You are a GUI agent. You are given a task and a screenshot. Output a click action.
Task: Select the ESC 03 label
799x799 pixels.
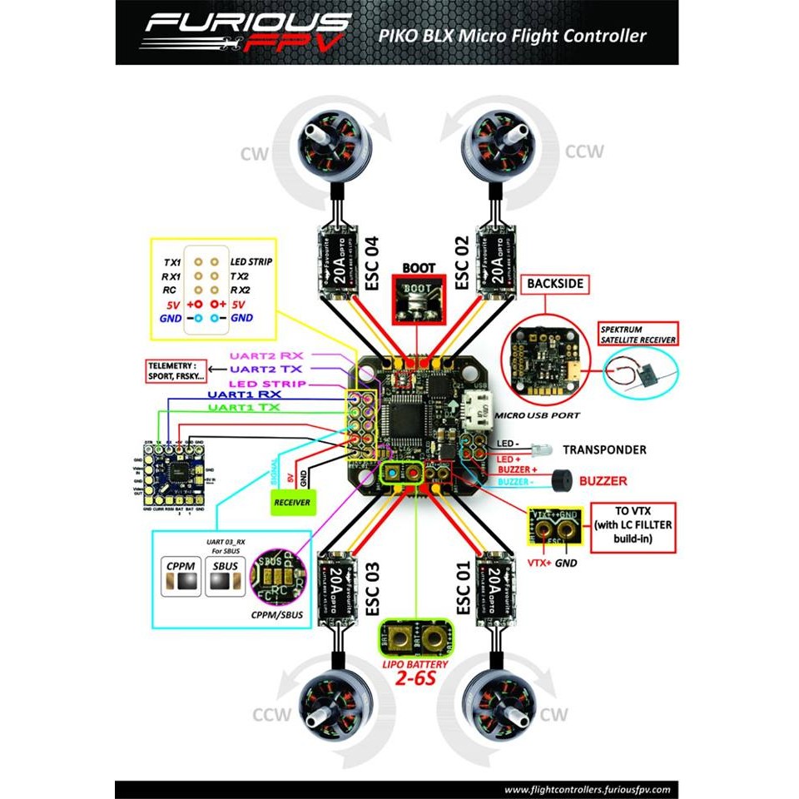(372, 588)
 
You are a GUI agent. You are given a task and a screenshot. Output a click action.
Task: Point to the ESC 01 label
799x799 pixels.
(464, 588)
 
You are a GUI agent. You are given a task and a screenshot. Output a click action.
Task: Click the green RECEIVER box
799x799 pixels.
(291, 502)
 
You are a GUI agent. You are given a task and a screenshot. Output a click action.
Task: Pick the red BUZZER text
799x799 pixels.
(603, 481)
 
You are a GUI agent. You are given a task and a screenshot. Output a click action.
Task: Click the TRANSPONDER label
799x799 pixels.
(604, 449)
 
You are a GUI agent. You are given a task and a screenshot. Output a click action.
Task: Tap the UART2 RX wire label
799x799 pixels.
(269, 355)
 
